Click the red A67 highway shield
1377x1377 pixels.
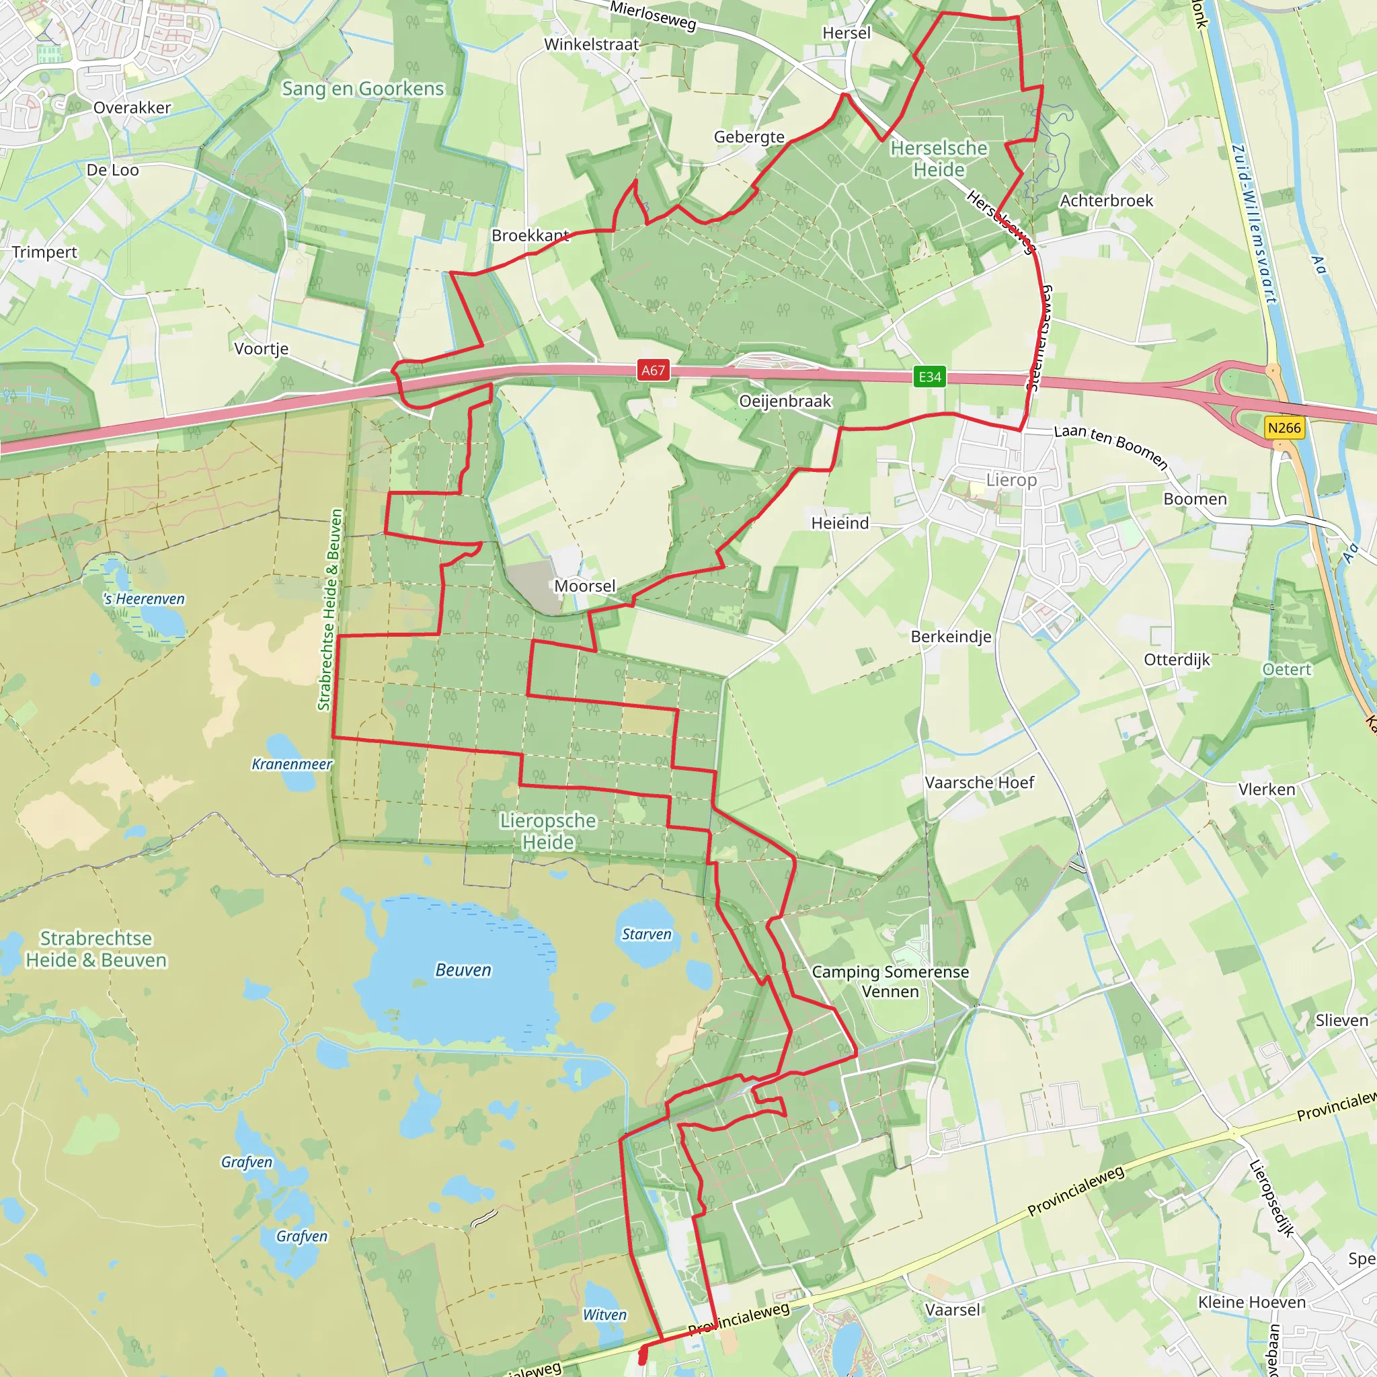[653, 370]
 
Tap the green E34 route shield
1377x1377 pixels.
[929, 377]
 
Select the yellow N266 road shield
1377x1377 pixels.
[1284, 428]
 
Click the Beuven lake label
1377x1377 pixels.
[463, 970]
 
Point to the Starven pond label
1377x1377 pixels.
[646, 935]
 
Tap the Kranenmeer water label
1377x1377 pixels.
[292, 764]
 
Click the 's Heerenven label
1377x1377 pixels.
[144, 598]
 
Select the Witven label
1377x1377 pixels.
[604, 1315]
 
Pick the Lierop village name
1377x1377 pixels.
[1011, 479]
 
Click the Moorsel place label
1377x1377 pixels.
[584, 586]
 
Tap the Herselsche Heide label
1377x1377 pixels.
[939, 159]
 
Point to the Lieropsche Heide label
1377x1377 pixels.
[547, 831]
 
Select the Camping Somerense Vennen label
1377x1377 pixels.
[890, 982]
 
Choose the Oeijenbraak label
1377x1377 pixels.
[785, 401]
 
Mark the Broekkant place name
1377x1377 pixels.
[530, 235]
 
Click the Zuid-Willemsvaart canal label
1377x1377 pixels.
[1254, 225]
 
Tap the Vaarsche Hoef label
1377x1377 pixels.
[979, 783]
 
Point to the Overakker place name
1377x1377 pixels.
[132, 108]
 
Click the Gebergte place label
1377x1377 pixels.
[749, 137]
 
